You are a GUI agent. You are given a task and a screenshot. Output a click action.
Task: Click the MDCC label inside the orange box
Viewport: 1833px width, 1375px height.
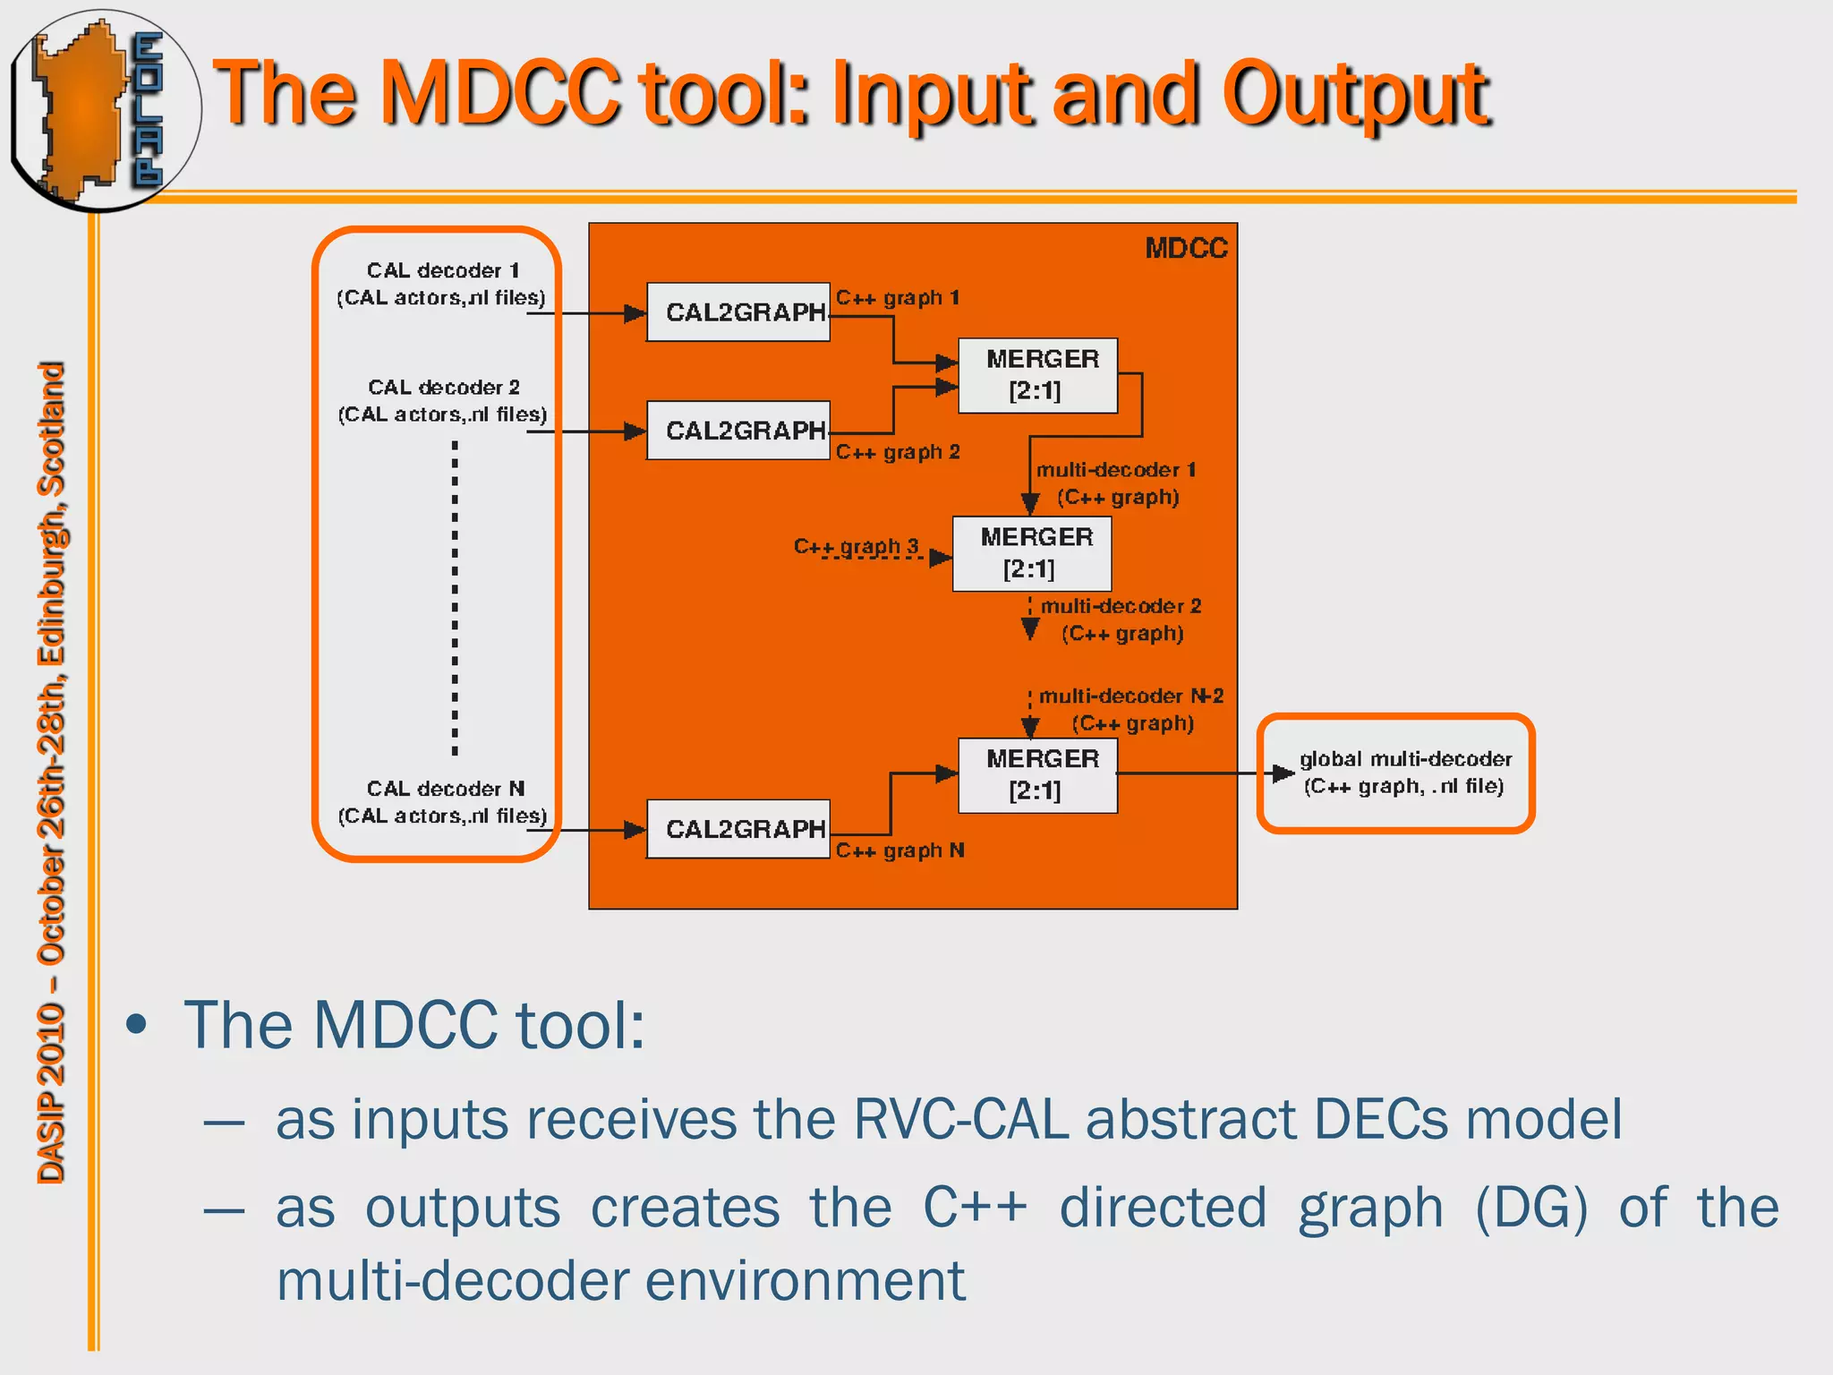[1186, 248]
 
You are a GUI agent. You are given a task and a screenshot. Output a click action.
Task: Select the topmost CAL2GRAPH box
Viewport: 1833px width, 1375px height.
[738, 312]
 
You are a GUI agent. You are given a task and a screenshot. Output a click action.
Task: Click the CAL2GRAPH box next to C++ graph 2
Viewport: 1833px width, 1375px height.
[738, 431]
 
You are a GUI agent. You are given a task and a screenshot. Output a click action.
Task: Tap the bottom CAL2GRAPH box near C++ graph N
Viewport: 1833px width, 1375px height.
[738, 829]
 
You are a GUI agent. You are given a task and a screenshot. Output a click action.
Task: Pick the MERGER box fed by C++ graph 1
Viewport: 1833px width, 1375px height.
[1037, 375]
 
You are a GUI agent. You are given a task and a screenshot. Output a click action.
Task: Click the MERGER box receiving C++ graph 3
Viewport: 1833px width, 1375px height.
[1032, 553]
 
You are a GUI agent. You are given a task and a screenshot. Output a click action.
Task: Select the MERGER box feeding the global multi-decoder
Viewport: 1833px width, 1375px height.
[1037, 775]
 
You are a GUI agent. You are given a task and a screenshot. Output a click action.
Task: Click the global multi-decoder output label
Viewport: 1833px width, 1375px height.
[1404, 773]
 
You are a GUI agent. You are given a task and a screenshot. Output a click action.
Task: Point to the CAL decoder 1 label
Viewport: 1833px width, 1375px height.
[442, 270]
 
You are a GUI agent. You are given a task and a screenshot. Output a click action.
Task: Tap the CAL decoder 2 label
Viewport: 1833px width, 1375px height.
[443, 388]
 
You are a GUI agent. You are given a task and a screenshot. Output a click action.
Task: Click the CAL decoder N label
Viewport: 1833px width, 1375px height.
[445, 789]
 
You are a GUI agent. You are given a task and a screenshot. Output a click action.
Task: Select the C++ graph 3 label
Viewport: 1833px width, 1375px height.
[856, 545]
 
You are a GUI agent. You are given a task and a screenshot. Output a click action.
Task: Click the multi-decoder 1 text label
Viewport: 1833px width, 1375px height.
[1115, 470]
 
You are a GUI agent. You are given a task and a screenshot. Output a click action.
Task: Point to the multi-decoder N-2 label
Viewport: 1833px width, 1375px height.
[1130, 696]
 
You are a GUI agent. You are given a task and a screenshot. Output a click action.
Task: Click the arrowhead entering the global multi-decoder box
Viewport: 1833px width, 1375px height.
[1283, 773]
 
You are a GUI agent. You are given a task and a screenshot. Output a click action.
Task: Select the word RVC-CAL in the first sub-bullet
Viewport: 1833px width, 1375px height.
[960, 1119]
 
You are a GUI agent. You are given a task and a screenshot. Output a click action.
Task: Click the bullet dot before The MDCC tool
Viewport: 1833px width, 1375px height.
[136, 1025]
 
